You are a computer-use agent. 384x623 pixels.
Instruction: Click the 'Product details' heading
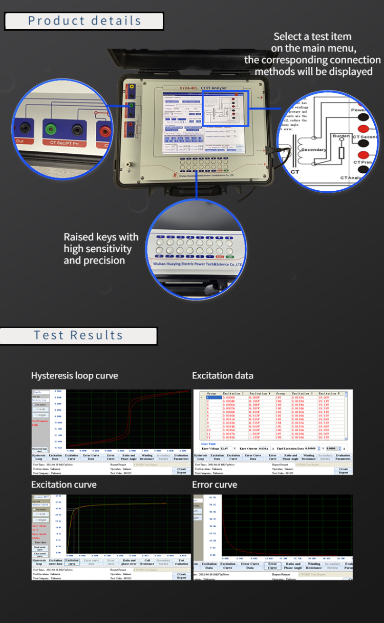tap(84, 21)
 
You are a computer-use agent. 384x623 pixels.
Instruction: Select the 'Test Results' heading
tap(78, 335)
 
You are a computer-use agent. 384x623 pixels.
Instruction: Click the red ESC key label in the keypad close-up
tap(220, 256)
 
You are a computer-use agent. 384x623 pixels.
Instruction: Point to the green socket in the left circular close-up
tap(51, 128)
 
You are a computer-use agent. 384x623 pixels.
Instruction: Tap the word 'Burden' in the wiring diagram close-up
tap(341, 136)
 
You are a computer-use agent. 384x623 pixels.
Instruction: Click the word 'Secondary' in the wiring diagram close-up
tap(313, 150)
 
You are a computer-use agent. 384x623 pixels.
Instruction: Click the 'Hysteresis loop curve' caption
tap(74, 375)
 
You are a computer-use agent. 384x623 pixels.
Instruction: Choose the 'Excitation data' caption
tap(222, 375)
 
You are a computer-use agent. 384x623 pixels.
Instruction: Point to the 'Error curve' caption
tap(215, 485)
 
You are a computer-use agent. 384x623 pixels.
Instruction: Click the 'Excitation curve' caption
tap(63, 485)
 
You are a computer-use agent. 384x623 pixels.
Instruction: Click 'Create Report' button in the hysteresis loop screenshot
tap(181, 470)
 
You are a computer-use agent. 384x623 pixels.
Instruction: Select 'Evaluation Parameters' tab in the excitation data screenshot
tap(343, 457)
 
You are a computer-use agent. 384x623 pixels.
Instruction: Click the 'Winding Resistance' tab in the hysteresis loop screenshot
tap(147, 457)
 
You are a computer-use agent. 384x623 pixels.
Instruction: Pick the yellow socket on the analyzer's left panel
tap(132, 88)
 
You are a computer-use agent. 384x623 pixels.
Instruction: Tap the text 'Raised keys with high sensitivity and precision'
tap(101, 249)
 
